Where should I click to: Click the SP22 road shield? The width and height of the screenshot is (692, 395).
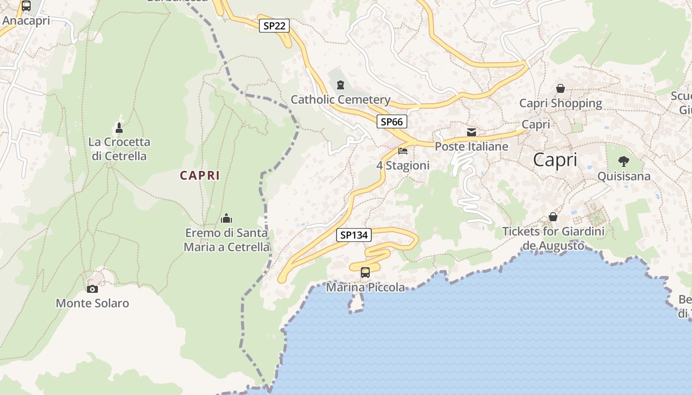pos(274,26)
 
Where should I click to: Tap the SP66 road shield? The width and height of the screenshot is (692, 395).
pos(392,121)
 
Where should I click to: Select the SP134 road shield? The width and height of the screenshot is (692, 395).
pos(354,236)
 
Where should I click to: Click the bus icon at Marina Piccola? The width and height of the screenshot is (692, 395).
pos(365,272)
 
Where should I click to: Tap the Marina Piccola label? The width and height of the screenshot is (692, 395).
pos(366,287)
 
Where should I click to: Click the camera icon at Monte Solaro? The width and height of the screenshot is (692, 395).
pos(92,289)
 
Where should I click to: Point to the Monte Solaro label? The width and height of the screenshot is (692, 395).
pos(92,303)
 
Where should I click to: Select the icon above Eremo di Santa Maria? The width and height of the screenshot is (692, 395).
pos(226,218)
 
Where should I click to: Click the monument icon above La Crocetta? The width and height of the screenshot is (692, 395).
pos(119,128)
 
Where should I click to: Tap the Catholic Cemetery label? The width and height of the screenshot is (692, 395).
pos(341,100)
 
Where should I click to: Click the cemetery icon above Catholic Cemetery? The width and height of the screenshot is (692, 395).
pos(340,85)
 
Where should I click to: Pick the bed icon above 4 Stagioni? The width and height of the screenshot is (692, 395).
pos(403,151)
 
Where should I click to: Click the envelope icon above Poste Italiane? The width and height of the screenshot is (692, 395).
pos(472,132)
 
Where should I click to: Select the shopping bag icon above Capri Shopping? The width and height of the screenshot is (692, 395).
pos(561,88)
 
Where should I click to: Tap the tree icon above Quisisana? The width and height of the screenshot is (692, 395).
pos(624,161)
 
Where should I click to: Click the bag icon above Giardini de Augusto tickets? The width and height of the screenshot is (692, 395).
pos(553,217)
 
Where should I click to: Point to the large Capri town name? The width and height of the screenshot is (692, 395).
pos(555,160)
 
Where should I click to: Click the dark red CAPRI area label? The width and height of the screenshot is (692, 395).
pos(200,175)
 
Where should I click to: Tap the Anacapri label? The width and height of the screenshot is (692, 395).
pos(27,21)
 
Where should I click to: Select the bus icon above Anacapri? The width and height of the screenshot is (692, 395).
pos(26,6)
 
